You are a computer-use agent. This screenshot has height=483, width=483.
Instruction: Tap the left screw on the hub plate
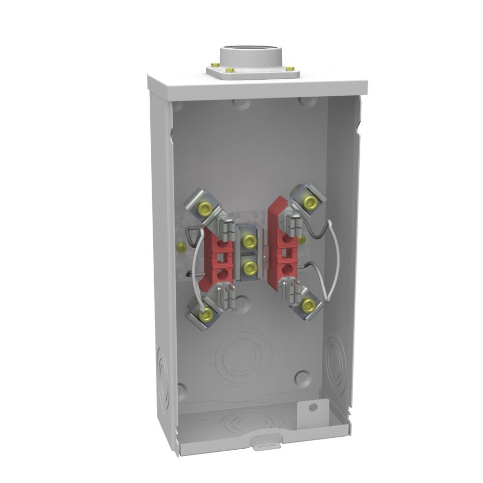click(215, 65)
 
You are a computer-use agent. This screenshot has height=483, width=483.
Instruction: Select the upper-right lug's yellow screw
click(310, 203)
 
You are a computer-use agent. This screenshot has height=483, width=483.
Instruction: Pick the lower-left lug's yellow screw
click(206, 315)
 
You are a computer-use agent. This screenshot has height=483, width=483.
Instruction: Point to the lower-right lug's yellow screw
click(308, 305)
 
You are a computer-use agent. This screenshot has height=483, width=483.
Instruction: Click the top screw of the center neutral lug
click(249, 240)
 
